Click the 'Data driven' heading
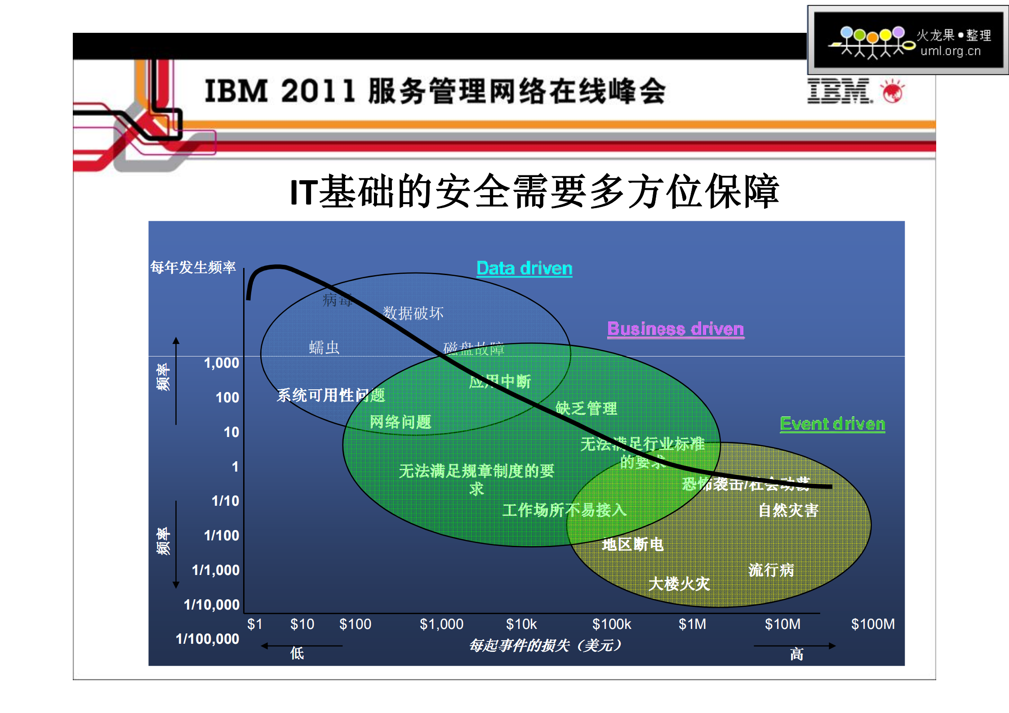(524, 268)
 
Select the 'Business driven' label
(675, 329)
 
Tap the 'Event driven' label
(832, 424)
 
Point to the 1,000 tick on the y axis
(221, 363)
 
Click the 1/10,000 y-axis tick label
(212, 605)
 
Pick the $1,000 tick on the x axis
(441, 624)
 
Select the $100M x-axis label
(872, 624)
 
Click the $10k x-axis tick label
(521, 624)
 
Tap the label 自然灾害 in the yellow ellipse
(788, 510)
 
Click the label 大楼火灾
(679, 584)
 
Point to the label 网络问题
(400, 422)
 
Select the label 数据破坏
(413, 313)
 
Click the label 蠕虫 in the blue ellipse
(324, 348)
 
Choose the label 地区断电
(632, 544)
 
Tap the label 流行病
(771, 570)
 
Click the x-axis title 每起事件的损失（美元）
(545, 646)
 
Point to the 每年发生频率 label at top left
(193, 267)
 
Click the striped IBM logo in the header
(839, 91)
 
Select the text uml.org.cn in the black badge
(950, 51)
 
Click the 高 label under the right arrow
(796, 654)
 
